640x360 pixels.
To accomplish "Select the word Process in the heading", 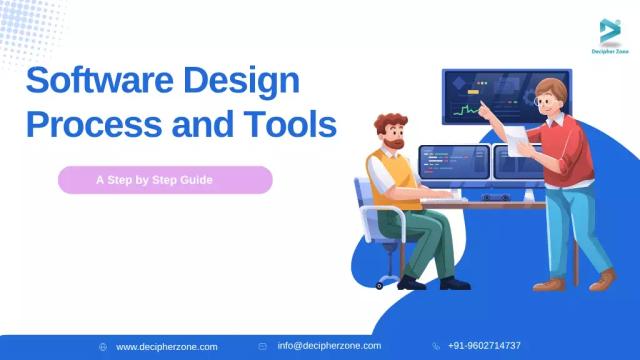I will coord(95,127).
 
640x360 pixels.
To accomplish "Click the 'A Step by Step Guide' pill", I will coord(165,181).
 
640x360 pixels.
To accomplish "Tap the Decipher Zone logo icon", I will coord(609,30).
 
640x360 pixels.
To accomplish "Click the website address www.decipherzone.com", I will coord(166,346).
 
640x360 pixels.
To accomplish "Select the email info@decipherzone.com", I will coord(329,346).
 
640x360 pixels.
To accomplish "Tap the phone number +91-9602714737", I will coord(484,346).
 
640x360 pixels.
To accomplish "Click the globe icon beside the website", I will coord(103,346).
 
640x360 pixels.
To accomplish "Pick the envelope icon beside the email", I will coord(262,346).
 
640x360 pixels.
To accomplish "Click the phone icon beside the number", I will coord(436,346).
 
